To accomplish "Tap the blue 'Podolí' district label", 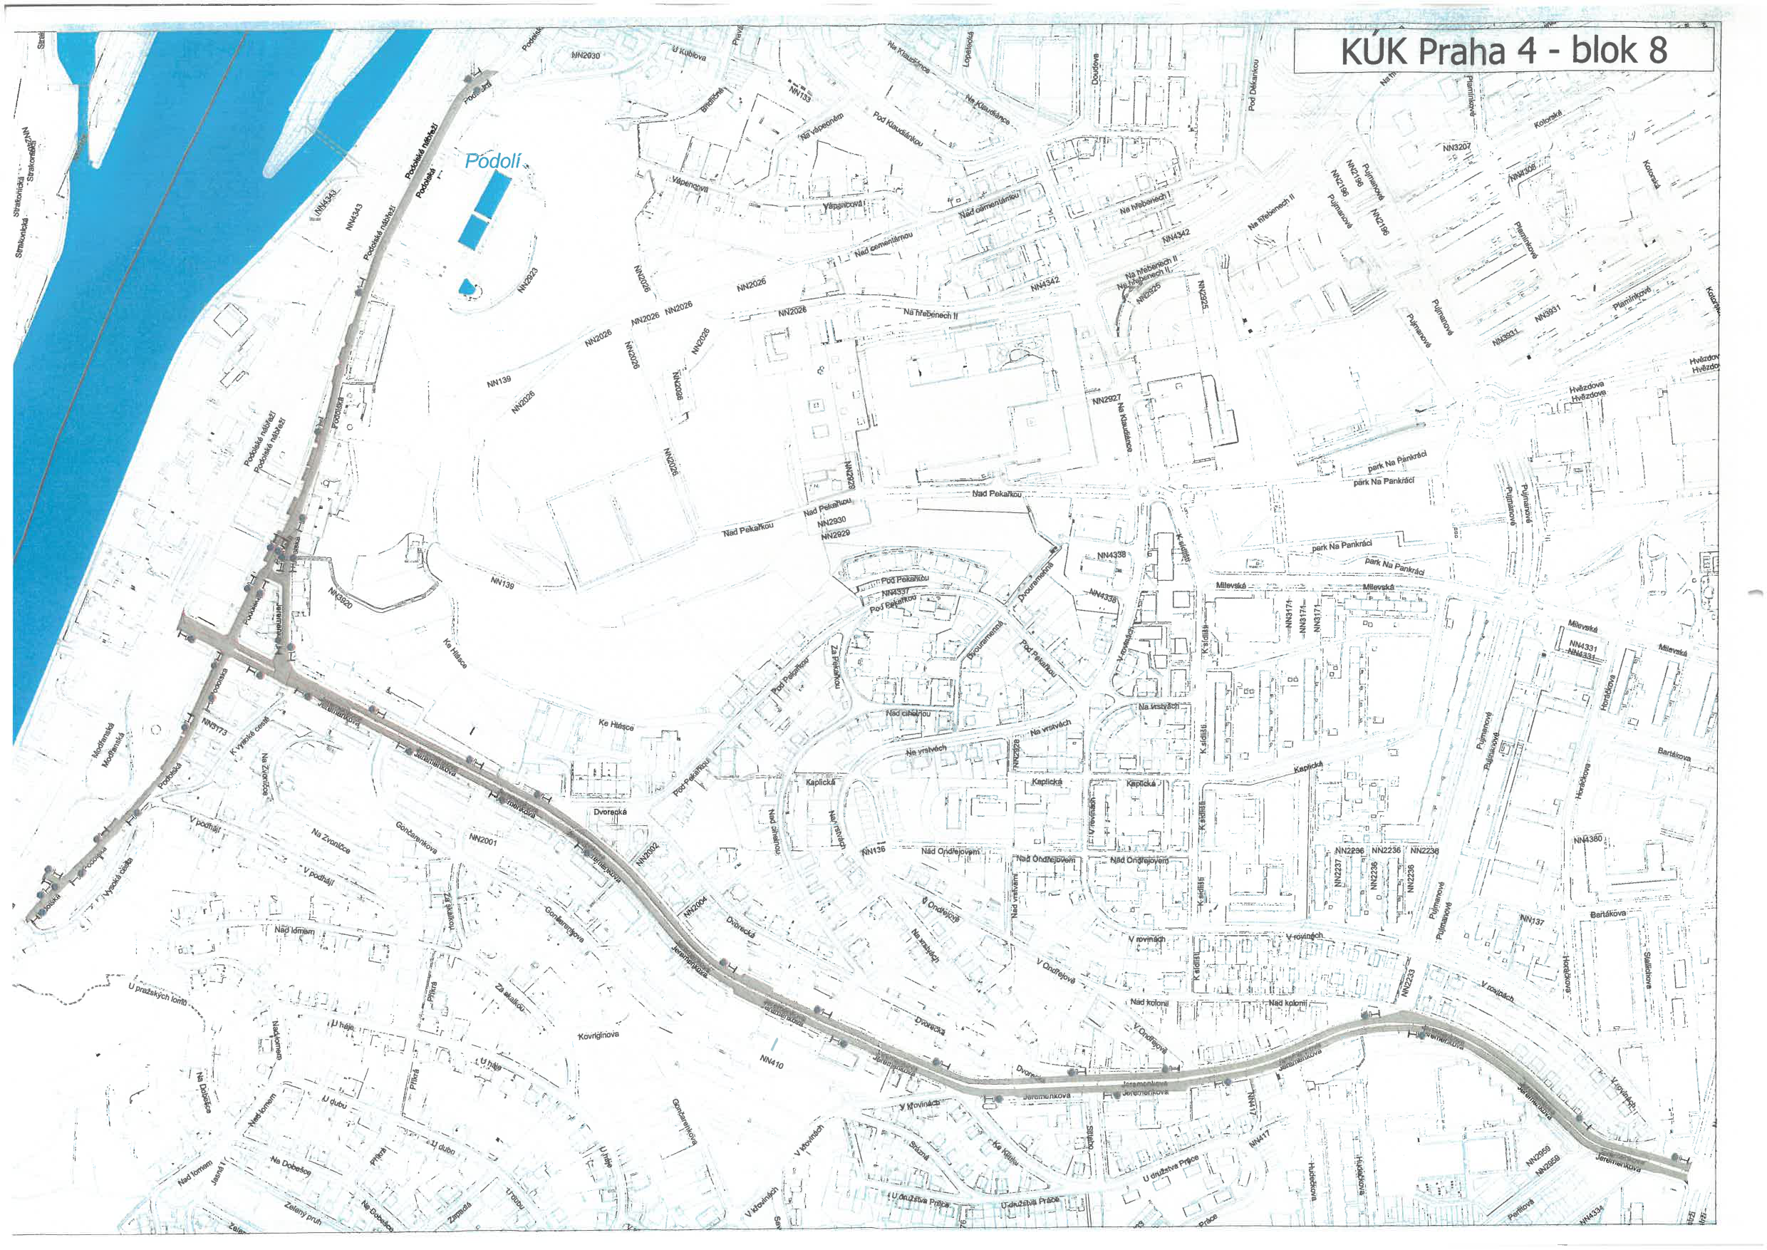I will click(493, 161).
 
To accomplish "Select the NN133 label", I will click(800, 93).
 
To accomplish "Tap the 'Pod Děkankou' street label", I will click(1252, 85).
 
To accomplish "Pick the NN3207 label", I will click(1456, 146).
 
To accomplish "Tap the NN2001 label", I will click(482, 840).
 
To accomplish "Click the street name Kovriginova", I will click(598, 1035).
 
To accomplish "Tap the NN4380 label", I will click(1587, 840).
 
